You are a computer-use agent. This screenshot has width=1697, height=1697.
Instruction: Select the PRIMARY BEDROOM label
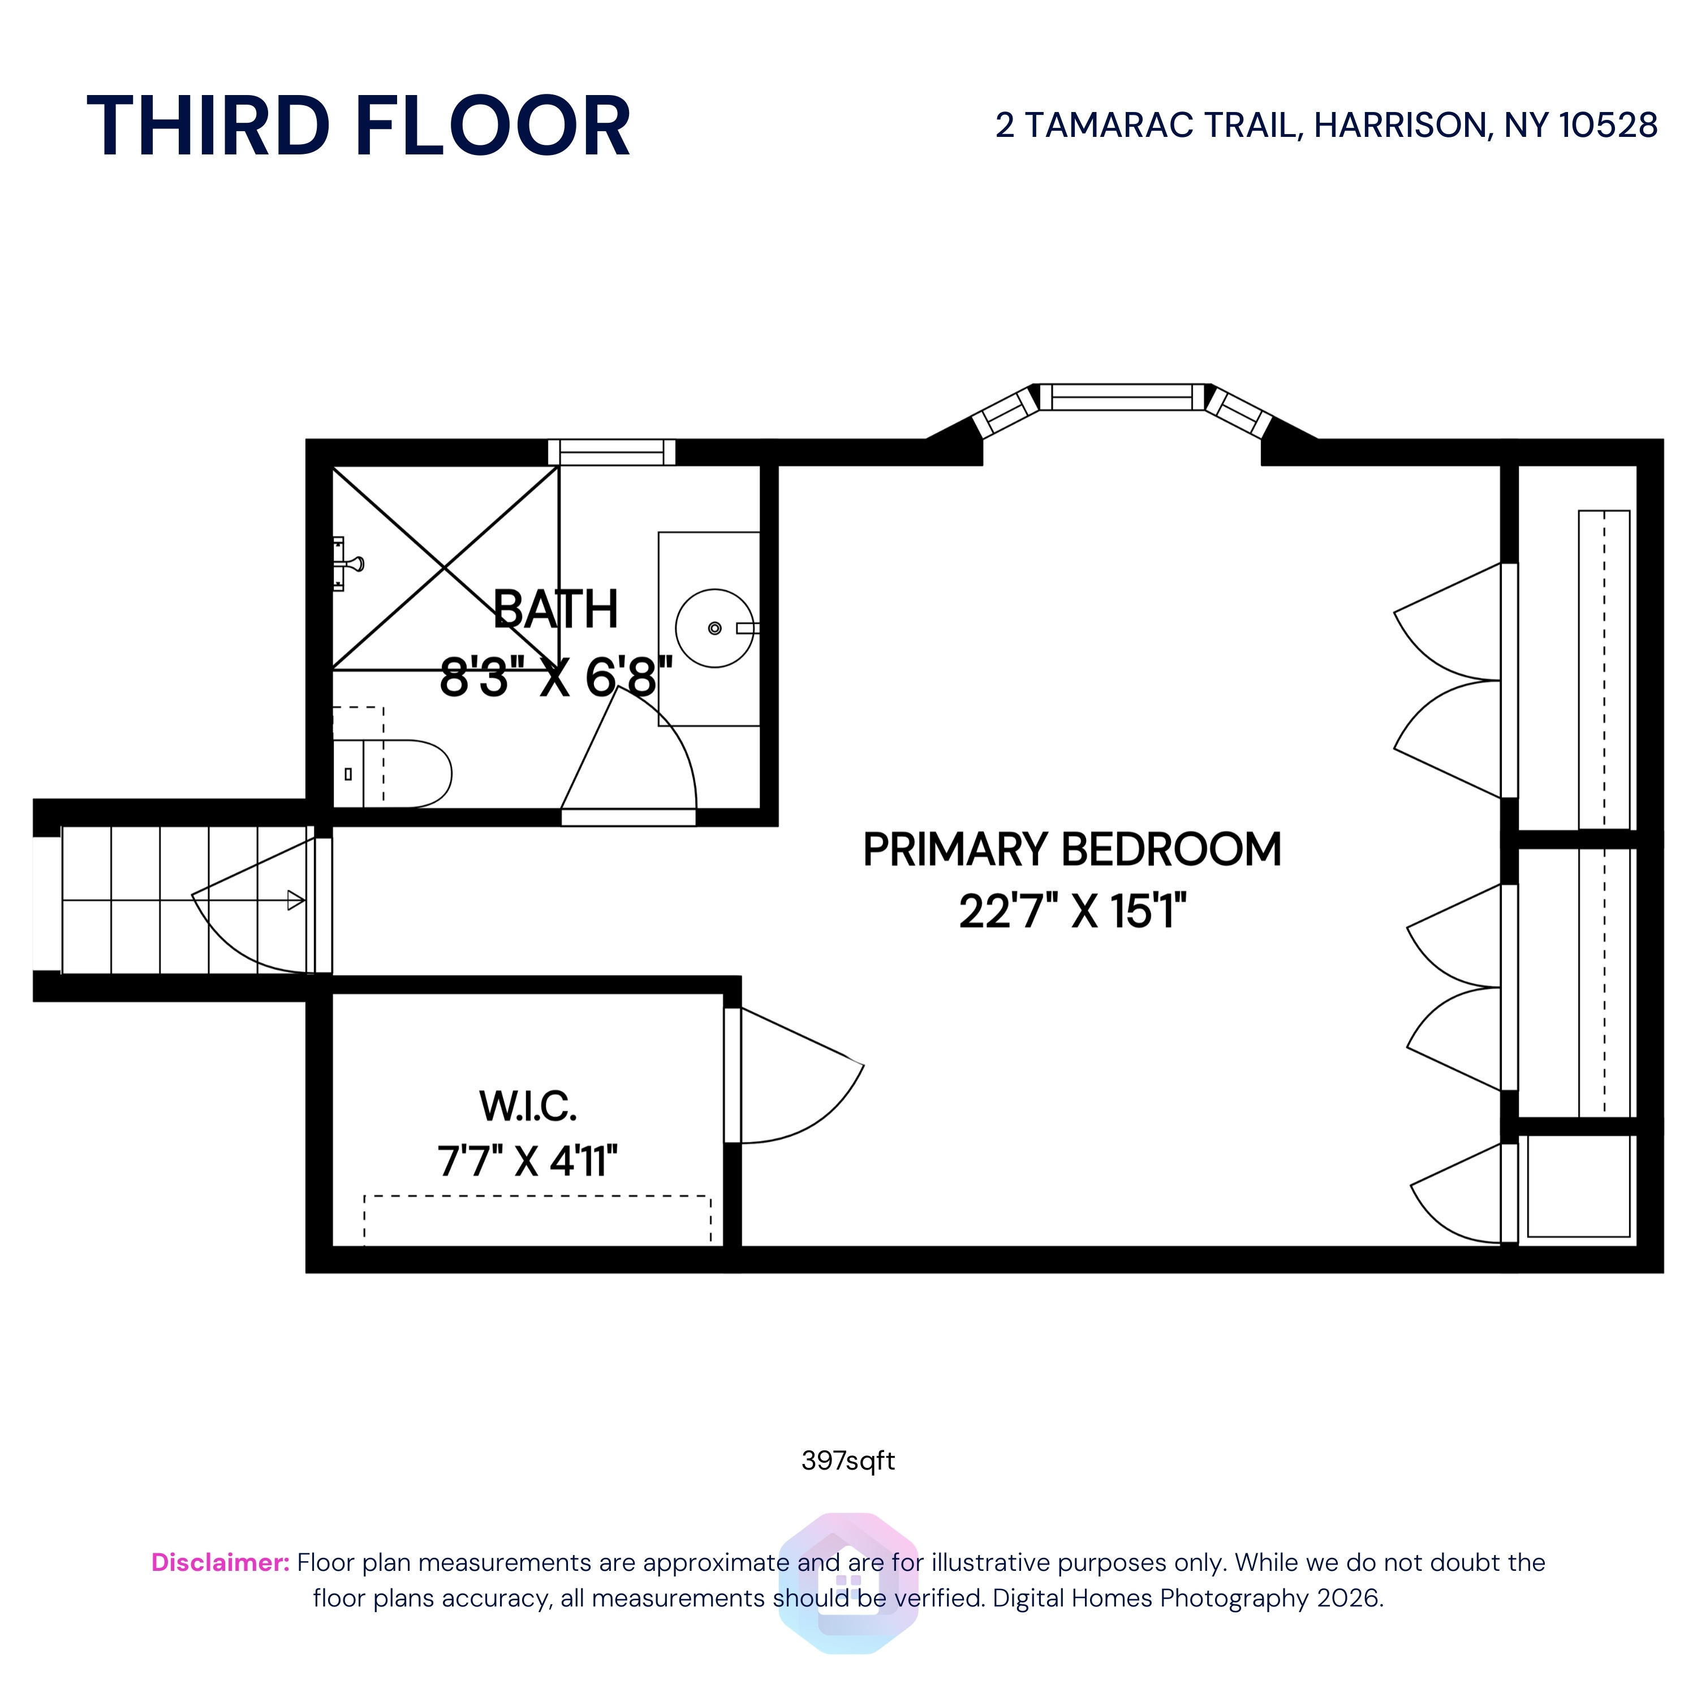(1071, 850)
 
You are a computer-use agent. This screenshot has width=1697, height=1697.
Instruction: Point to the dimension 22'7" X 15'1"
(1071, 911)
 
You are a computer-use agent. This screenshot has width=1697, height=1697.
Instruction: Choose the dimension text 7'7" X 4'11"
(528, 1161)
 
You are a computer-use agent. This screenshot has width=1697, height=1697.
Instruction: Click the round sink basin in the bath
(714, 628)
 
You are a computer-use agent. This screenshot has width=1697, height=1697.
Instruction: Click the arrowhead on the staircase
(296, 901)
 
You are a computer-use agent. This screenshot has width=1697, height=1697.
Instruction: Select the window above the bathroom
(611, 453)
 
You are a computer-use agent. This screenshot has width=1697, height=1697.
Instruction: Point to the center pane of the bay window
(1122, 397)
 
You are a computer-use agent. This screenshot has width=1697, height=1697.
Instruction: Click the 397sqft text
(847, 1460)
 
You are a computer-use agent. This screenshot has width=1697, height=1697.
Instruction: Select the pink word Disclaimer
(219, 1562)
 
